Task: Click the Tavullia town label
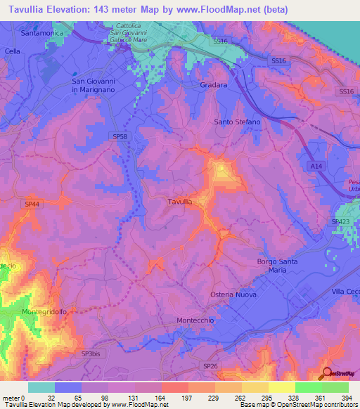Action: (179, 202)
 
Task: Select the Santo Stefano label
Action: (237, 122)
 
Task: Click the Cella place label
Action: (12, 51)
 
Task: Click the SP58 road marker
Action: (119, 136)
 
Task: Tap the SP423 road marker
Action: (341, 221)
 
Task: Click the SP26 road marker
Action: (210, 366)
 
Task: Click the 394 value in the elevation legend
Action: (347, 396)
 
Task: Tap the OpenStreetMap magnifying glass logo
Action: (327, 374)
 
